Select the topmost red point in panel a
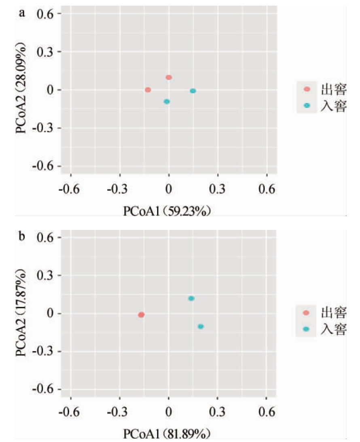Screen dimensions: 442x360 click(169, 77)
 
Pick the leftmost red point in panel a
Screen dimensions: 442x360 click(148, 90)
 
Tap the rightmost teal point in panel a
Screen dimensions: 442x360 click(193, 91)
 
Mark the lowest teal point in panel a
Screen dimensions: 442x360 click(167, 102)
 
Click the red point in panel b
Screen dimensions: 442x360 click(141, 314)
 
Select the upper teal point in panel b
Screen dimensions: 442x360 click(191, 298)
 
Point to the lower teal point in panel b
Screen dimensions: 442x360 click(201, 326)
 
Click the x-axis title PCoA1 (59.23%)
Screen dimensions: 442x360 click(167, 211)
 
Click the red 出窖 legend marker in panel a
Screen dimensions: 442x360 click(307, 89)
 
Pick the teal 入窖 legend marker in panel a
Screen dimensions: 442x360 click(307, 105)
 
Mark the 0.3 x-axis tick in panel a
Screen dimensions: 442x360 click(218, 189)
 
